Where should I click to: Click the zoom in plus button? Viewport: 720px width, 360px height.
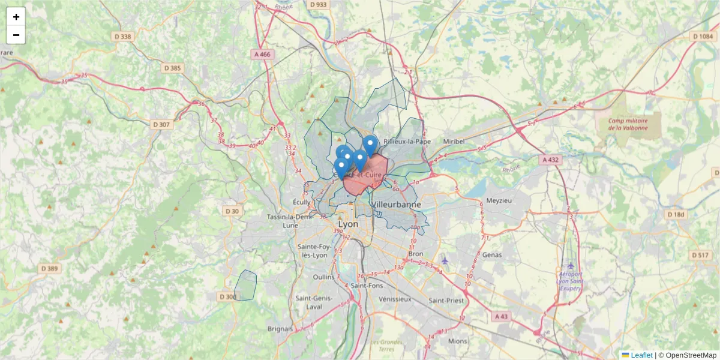click(16, 17)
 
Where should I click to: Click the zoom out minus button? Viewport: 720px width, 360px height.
click(16, 35)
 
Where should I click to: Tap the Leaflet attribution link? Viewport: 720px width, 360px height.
click(641, 355)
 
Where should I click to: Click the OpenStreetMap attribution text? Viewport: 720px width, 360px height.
click(691, 355)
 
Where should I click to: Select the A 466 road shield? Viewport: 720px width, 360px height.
click(262, 54)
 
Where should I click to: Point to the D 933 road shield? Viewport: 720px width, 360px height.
click(319, 5)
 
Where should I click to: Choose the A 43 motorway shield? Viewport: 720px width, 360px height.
click(501, 316)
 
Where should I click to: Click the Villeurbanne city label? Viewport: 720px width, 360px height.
click(397, 205)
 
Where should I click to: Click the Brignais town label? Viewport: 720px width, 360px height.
click(280, 329)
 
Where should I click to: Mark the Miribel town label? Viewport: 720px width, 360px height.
click(454, 141)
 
